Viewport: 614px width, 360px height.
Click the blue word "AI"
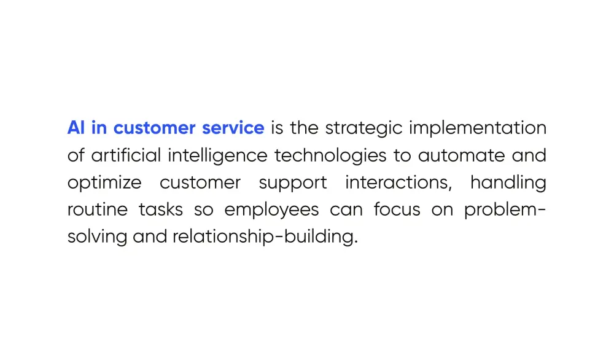76,128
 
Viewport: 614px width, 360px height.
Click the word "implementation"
478,128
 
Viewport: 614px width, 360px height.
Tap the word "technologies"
330,155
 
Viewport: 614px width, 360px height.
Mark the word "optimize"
104,183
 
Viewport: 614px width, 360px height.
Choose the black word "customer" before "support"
200,182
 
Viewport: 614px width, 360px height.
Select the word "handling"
508,182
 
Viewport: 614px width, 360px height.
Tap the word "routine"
98,209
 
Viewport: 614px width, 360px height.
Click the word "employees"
271,210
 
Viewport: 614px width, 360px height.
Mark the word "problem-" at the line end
505,210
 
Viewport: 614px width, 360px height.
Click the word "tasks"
160,209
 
